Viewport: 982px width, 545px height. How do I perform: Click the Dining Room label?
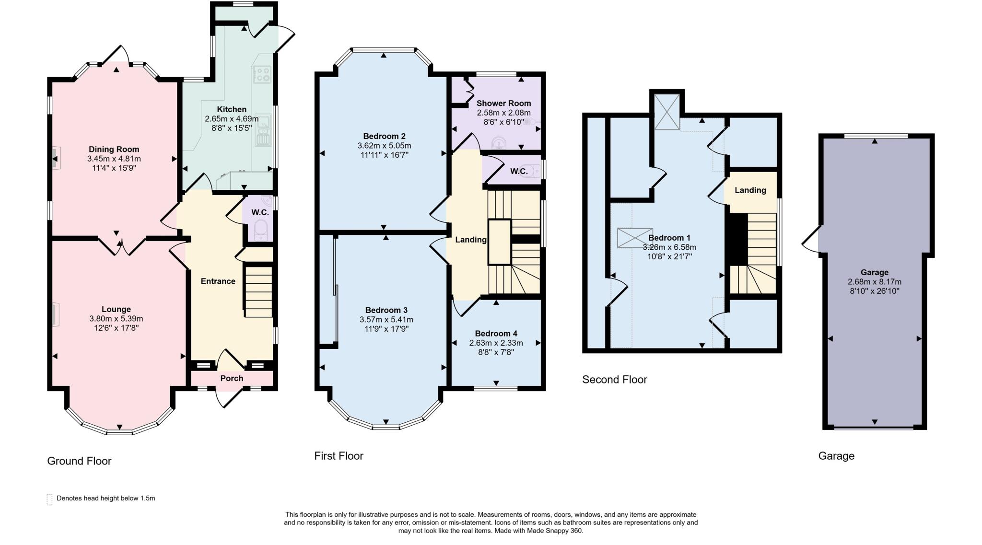[114, 149]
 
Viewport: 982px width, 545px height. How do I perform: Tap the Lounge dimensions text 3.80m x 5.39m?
[116, 319]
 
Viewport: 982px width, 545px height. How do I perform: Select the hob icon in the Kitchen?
[262, 74]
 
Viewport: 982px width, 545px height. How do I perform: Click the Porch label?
[232, 378]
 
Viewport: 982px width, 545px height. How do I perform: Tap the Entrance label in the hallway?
[218, 281]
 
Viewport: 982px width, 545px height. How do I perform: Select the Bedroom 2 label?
[384, 136]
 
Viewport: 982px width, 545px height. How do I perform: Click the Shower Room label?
[503, 103]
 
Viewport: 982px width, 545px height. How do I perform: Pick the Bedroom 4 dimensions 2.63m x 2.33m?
[496, 343]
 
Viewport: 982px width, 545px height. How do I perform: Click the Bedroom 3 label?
[386, 310]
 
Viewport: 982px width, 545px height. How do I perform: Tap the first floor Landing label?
[470, 240]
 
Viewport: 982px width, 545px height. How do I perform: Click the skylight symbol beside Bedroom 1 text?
[635, 238]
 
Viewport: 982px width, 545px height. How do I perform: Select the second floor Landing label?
[750, 190]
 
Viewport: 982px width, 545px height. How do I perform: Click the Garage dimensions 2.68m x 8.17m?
[874, 282]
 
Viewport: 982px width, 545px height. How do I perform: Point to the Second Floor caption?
[614, 380]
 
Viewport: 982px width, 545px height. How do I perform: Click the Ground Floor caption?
[79, 461]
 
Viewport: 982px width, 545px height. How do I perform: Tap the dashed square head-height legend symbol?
[49, 499]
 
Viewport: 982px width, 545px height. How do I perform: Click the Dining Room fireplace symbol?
[55, 158]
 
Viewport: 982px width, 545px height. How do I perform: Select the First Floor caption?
[339, 456]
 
